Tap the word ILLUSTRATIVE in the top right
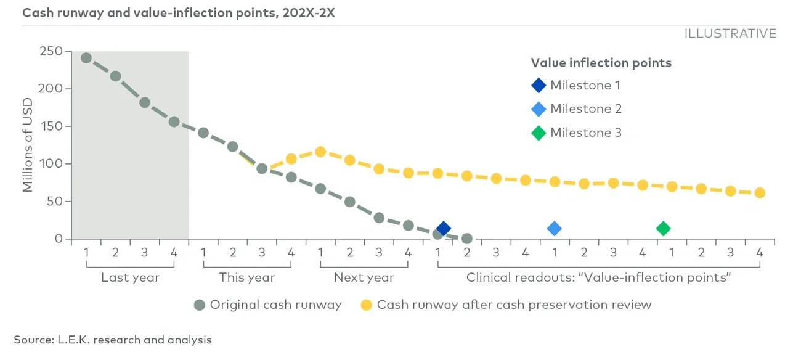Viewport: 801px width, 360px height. pos(730,34)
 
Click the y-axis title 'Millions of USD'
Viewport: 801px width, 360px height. pos(28,145)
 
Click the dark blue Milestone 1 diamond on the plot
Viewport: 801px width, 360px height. pos(443,229)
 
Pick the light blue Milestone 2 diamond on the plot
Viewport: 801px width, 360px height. pos(555,229)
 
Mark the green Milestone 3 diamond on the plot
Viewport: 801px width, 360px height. pos(663,229)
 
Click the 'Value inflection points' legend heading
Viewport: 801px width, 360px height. pos(601,63)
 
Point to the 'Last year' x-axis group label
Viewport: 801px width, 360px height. pos(130,277)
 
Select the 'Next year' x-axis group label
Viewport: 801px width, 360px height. pos(364,277)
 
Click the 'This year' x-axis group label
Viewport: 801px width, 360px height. pos(247,277)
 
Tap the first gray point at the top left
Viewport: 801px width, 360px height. pos(86,58)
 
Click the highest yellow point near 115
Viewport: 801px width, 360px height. pos(320,152)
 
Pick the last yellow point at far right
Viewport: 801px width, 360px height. pos(760,193)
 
